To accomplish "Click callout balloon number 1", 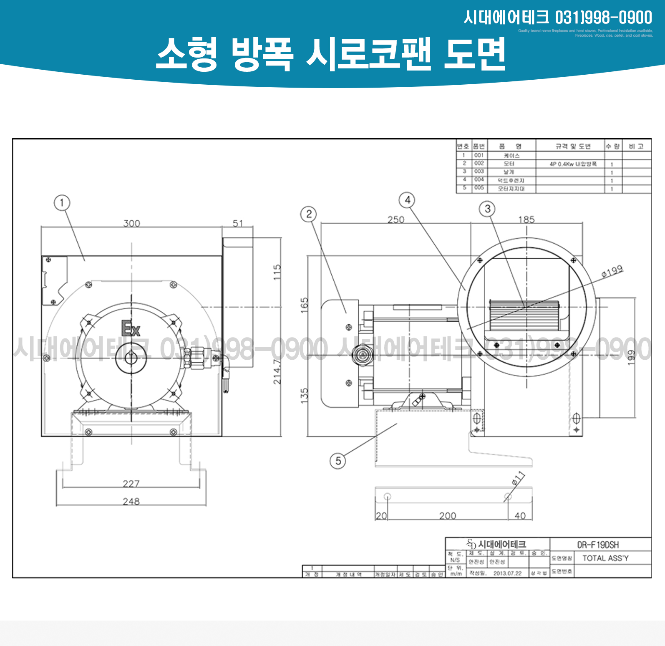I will coord(62,203).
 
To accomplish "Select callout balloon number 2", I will coord(309,214).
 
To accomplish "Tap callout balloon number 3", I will coord(487,209).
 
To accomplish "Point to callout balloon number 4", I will coord(407,200).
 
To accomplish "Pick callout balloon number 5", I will coord(338,461).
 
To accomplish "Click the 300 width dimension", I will coord(132,224).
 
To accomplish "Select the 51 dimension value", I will coord(238,224).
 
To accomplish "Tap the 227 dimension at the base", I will coord(131,484).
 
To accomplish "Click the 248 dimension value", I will coord(131,502).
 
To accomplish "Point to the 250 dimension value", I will coord(396,220).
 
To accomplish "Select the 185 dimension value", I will coord(526,220).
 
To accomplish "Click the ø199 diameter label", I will coord(612,272).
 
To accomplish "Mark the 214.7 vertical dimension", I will coord(277,371).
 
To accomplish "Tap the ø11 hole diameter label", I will coord(518,478).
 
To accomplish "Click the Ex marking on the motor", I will coord(131,328).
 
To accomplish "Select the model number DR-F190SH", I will coord(598,545).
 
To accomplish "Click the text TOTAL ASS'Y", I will coord(605,558).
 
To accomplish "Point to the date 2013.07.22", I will coord(507,573).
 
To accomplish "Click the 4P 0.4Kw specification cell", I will coord(573,164).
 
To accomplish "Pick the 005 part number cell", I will coord(479,188).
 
